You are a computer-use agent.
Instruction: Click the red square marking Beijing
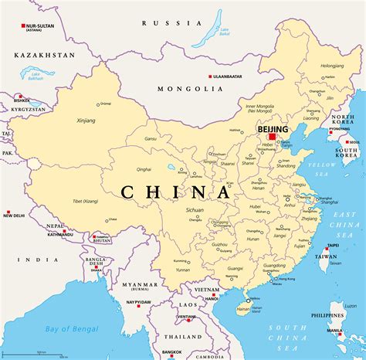pyautogui.click(x=272, y=137)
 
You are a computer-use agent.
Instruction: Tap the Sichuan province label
pyautogui.click(x=195, y=209)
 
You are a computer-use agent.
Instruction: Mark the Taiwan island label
pyautogui.click(x=327, y=257)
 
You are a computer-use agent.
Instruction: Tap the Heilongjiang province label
pyautogui.click(x=332, y=66)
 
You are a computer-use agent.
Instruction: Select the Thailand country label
pyautogui.click(x=183, y=337)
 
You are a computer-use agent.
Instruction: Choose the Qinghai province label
pyautogui.click(x=144, y=168)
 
